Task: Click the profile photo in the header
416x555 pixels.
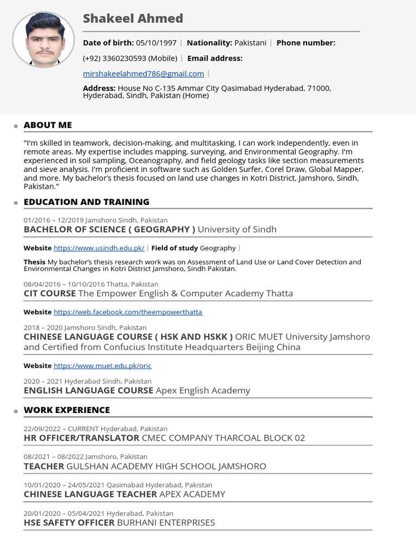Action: tap(43, 40)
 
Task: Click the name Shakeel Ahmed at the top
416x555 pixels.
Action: tap(133, 18)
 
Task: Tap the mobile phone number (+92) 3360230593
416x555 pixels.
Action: tap(130, 58)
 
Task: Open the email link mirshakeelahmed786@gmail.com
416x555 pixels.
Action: tap(144, 74)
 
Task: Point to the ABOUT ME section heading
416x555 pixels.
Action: tap(48, 125)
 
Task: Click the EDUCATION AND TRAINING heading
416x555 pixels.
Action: tap(87, 202)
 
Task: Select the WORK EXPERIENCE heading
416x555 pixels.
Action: tap(67, 410)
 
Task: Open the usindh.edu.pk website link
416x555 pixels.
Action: tap(99, 248)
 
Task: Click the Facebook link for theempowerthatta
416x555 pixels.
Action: tap(128, 312)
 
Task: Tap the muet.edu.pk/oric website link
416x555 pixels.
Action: tap(102, 366)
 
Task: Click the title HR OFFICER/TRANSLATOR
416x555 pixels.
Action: tap(81, 438)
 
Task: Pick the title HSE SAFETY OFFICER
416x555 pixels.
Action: tap(69, 522)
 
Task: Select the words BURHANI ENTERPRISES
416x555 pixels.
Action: tap(166, 522)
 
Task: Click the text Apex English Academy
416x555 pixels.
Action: tap(203, 390)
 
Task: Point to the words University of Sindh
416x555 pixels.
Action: tap(237, 229)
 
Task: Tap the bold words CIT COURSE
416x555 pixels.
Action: tap(49, 293)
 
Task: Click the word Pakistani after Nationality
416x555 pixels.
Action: tap(250, 43)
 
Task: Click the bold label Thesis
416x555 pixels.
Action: tap(34, 262)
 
